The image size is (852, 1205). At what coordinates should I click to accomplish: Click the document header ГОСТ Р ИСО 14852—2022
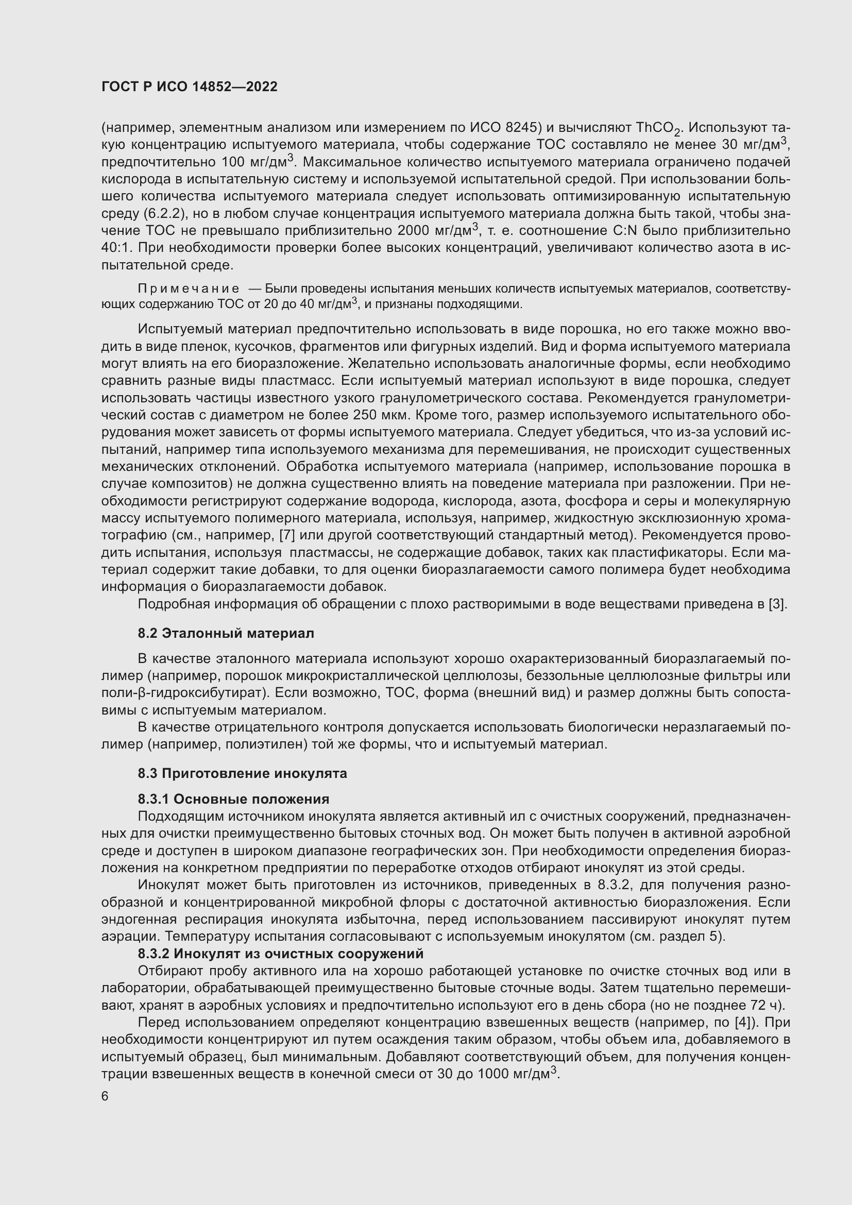(x=190, y=87)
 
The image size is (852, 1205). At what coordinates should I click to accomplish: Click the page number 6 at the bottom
(x=105, y=1097)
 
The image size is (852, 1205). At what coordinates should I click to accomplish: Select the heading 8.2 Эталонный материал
(x=226, y=634)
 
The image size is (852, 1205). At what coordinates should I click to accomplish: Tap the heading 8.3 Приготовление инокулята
(x=243, y=774)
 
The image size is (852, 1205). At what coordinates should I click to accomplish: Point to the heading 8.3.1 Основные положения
(x=233, y=800)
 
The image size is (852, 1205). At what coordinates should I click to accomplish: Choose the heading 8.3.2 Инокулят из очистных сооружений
(x=281, y=954)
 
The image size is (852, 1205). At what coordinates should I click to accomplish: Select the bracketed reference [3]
(x=777, y=604)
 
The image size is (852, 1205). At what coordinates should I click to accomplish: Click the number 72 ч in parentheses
(x=763, y=1005)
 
